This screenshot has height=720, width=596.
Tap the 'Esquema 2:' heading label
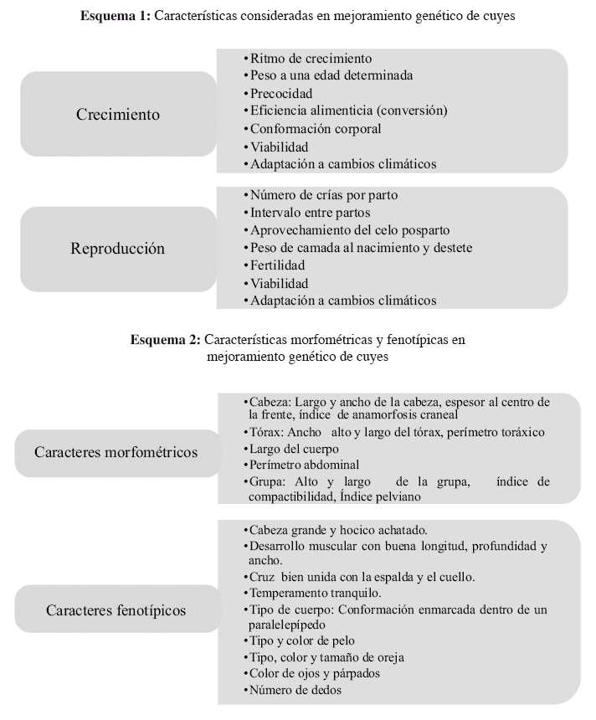tap(165, 340)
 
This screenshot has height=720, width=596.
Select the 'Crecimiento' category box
tap(117, 114)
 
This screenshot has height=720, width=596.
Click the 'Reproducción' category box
tap(117, 249)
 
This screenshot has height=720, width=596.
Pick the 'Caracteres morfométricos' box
tap(116, 452)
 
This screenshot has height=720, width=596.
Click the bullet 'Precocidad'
tap(281, 94)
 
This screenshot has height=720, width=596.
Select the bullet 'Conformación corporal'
tap(316, 129)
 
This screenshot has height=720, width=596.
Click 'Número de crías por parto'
tap(324, 195)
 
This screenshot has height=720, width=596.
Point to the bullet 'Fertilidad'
tap(277, 265)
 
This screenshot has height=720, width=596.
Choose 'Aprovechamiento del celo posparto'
tap(350, 229)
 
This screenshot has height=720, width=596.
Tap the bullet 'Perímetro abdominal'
tap(305, 465)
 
